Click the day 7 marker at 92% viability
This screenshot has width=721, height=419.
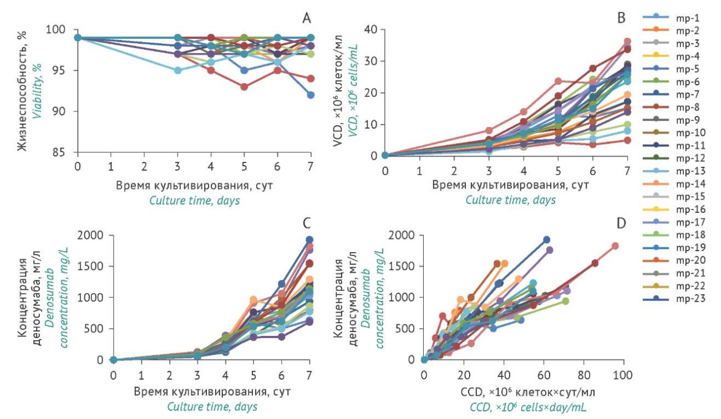coord(311,95)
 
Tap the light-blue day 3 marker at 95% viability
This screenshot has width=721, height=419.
coord(177,70)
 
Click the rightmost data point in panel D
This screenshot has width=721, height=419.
coord(615,246)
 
